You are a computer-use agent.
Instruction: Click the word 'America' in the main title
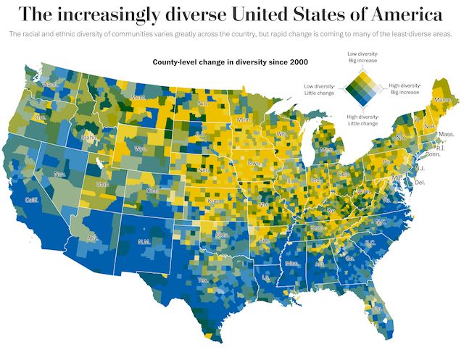[400, 14]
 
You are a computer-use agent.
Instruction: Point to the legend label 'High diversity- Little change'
[362, 120]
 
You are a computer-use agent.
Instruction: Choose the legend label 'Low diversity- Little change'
[320, 89]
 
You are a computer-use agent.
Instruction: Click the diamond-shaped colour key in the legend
[362, 88]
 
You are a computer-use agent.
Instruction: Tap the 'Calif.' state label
[32, 200]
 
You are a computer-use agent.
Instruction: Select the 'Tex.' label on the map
[204, 280]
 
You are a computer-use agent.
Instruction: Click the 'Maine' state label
[441, 99]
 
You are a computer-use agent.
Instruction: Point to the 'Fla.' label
[377, 309]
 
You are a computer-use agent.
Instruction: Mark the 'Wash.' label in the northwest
[51, 85]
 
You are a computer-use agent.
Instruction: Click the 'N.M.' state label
[144, 241]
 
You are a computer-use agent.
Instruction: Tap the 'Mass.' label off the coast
[447, 135]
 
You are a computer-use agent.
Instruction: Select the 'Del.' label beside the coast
[420, 183]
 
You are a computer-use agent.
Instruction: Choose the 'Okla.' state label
[222, 235]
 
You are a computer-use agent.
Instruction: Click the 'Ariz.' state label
[93, 238]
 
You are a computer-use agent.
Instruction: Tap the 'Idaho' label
[89, 136]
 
